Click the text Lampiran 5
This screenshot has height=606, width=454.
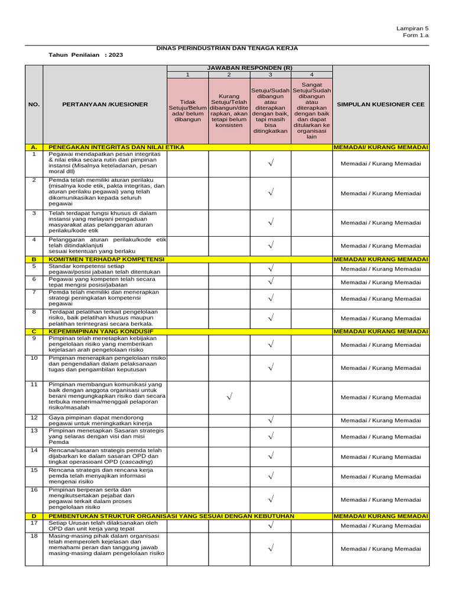(413, 28)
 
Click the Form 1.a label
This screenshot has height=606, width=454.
(416, 36)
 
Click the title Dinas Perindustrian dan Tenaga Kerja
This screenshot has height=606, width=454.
(226, 48)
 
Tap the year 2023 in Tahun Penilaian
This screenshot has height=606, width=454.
(116, 54)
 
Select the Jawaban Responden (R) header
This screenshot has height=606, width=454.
(249, 68)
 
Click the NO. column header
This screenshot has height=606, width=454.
(34, 104)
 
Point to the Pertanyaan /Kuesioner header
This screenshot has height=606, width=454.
(105, 104)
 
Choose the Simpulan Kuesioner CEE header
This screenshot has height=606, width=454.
(381, 104)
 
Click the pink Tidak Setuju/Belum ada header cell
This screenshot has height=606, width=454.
(187, 110)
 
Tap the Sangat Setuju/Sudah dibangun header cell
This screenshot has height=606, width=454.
(312, 110)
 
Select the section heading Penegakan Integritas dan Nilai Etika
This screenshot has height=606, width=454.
(116, 147)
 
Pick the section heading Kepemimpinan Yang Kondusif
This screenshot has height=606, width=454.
(100, 331)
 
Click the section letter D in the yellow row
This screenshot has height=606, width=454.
(34, 516)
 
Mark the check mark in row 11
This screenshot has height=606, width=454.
(229, 397)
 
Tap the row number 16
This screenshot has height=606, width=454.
(34, 490)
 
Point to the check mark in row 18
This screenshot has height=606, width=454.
(270, 549)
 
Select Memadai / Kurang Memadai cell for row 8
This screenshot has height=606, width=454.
(381, 318)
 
